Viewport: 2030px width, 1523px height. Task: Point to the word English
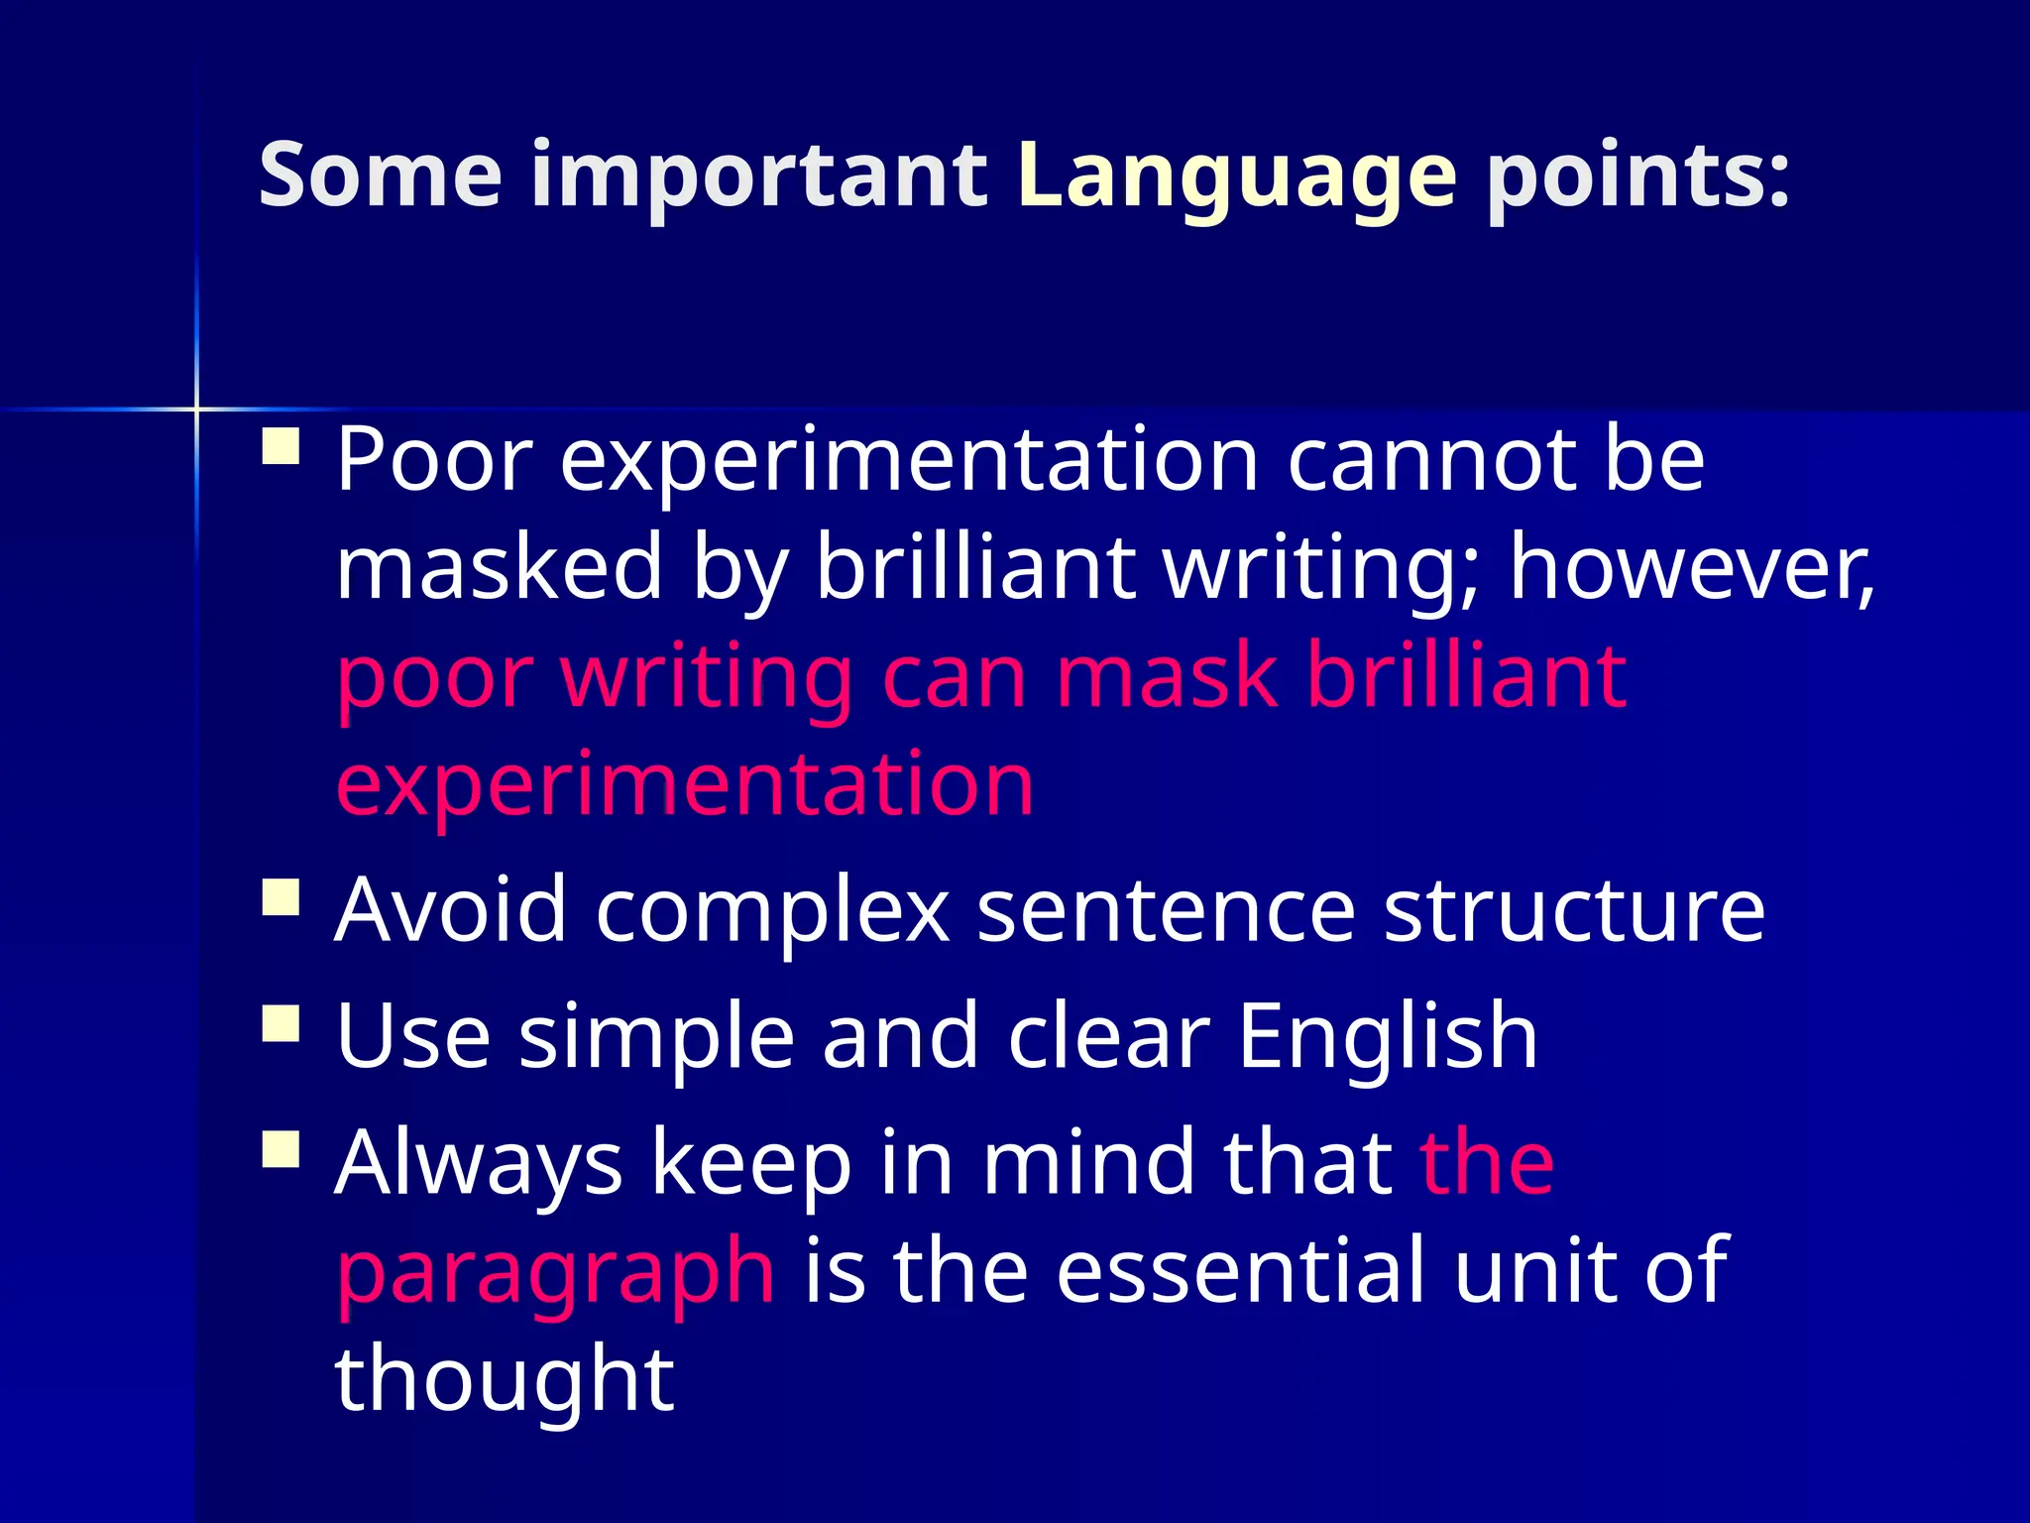tap(1388, 1036)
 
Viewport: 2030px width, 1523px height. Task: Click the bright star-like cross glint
tap(196, 409)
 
